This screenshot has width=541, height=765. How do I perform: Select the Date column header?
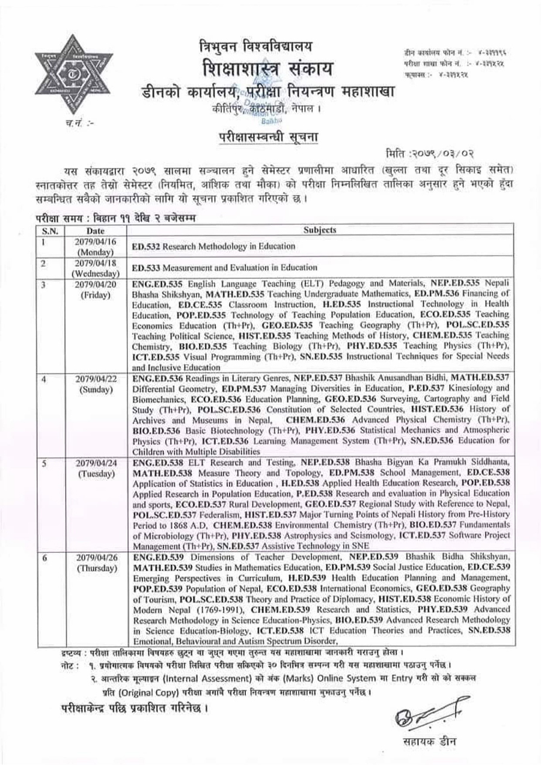[x=96, y=230]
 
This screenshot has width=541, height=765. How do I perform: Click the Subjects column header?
[x=320, y=230]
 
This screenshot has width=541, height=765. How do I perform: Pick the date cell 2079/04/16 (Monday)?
[x=96, y=246]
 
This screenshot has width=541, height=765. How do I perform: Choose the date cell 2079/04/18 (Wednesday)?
[x=96, y=268]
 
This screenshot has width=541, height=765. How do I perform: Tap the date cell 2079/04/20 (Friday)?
[x=96, y=290]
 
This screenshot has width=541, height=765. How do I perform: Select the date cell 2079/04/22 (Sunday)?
[x=96, y=384]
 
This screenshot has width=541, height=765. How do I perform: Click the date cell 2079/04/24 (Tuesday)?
[x=96, y=468]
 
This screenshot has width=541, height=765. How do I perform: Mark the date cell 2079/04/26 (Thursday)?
[x=96, y=562]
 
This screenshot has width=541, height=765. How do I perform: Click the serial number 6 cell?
[x=44, y=558]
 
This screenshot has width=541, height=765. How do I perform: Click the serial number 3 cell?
[x=44, y=284]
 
